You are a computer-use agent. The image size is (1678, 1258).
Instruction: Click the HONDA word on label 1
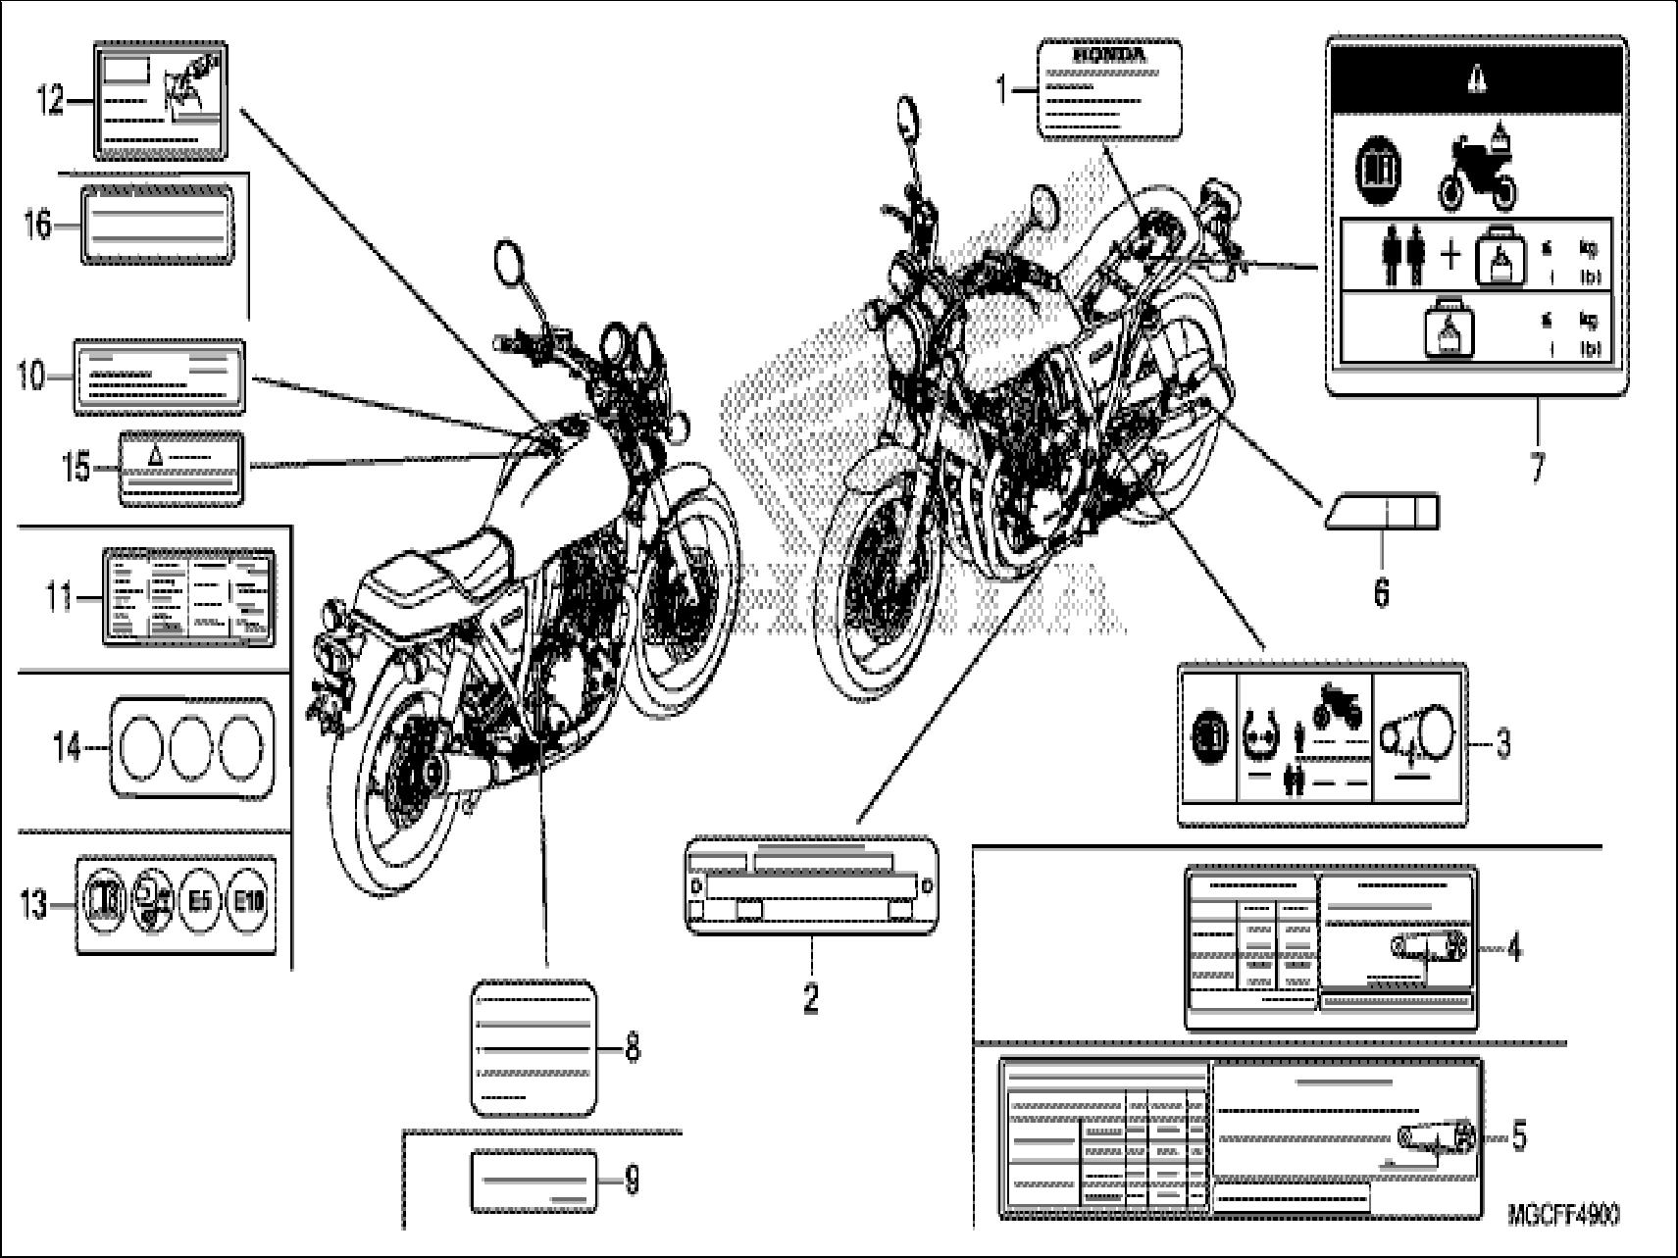(x=1109, y=56)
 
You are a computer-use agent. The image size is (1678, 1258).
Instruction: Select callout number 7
(x=1537, y=468)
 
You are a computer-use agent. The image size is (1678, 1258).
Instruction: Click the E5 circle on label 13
(x=199, y=903)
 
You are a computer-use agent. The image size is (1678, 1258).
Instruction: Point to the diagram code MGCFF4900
(x=1563, y=1214)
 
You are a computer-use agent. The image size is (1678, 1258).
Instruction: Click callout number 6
(x=1381, y=592)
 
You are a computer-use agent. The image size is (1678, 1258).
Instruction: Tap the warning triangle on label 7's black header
(x=1476, y=82)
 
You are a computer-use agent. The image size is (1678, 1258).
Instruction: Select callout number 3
(x=1503, y=745)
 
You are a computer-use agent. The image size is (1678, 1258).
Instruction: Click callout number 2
(x=810, y=999)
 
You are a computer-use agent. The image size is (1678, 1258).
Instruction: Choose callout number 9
(x=632, y=1180)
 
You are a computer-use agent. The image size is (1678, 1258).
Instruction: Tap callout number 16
(x=37, y=226)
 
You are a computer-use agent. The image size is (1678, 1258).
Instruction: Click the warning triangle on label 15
(x=154, y=455)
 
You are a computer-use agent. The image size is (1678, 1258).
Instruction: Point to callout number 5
(x=1518, y=1136)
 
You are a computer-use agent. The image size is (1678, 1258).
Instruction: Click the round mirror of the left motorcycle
(x=510, y=264)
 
